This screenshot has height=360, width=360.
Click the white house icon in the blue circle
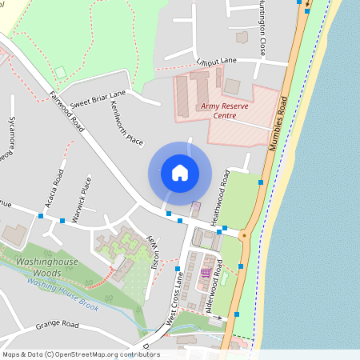180,172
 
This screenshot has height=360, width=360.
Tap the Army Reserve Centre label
219,110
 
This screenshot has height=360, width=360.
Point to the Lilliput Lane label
216,61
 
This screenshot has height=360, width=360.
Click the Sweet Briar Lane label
98,99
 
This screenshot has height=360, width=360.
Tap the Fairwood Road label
66,111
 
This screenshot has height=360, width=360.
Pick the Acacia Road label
55,187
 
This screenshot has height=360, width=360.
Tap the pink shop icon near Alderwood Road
205,273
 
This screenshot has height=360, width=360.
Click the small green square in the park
60,72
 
